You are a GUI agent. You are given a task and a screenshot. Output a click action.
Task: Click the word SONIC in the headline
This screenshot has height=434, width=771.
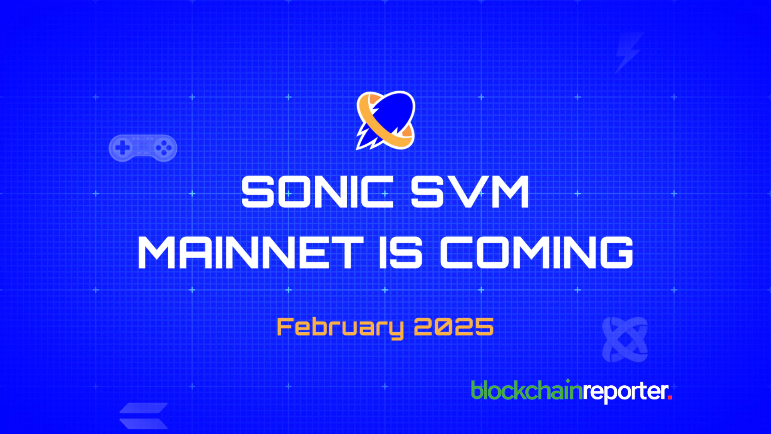[317, 192]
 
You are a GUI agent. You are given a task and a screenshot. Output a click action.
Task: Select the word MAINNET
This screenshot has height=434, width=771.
[251, 252]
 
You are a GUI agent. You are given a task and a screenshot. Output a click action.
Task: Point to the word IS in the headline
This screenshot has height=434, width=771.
[401, 252]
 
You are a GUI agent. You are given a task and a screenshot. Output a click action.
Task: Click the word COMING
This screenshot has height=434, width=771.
[536, 252]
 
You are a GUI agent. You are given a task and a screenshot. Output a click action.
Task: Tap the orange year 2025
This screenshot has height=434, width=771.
[454, 327]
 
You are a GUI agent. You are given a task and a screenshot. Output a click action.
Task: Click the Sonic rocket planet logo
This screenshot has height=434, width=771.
[385, 120]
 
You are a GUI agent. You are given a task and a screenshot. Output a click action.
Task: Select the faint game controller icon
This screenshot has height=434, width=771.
[143, 148]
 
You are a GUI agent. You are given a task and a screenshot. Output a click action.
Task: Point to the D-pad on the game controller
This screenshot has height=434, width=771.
[122, 148]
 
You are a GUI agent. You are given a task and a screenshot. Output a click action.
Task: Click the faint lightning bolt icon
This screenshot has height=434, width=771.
[629, 53]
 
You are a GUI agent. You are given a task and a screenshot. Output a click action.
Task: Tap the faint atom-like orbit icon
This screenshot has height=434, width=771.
[625, 340]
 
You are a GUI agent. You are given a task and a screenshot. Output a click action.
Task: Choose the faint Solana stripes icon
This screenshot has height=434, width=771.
[144, 416]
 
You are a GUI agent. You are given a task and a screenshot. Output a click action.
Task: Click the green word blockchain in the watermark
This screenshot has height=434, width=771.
[526, 391]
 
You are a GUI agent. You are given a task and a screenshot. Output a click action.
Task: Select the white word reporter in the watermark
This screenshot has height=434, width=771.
[625, 392]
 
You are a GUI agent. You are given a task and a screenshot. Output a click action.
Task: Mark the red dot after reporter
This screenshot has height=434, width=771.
[670, 398]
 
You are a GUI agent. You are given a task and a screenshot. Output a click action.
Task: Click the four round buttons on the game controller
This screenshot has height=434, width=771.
[163, 148]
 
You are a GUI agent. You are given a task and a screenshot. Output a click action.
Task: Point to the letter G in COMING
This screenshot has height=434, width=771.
[617, 252]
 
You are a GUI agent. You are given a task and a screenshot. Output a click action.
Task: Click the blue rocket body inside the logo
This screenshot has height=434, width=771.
[390, 115]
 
